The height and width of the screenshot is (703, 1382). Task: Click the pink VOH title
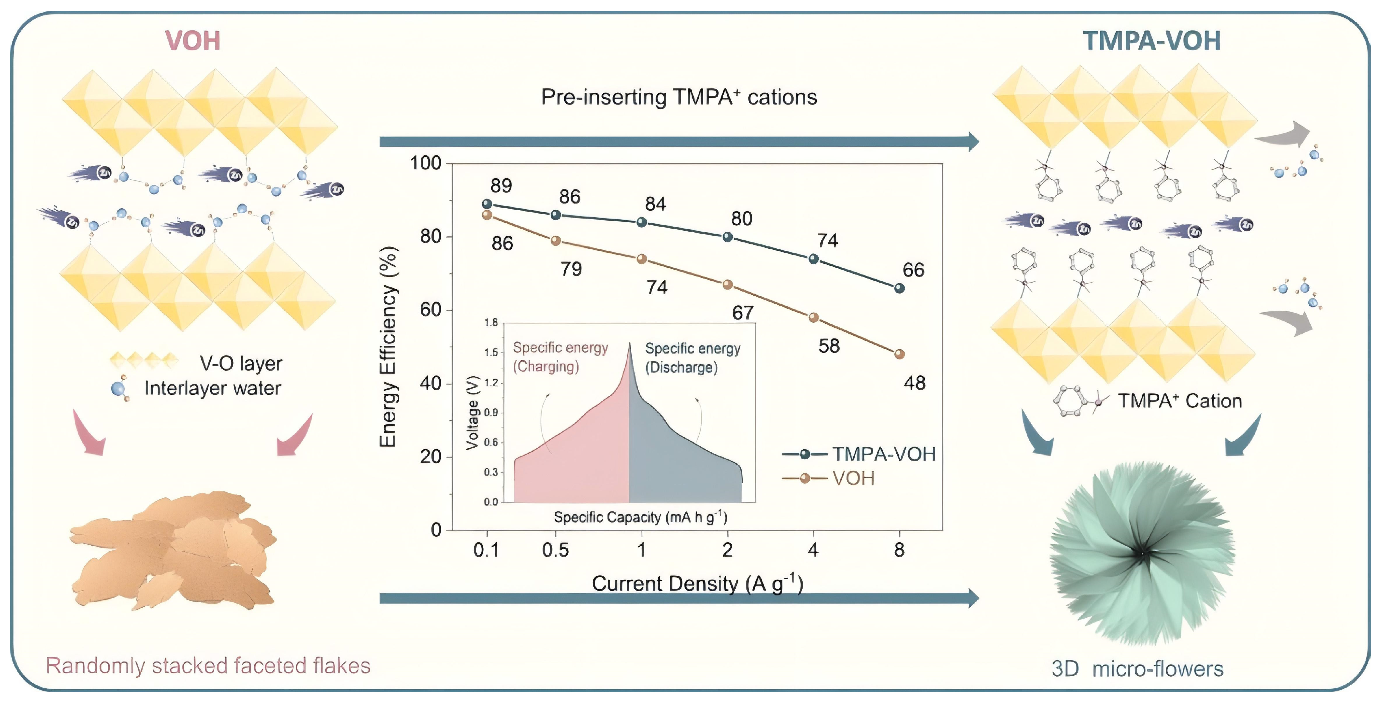(192, 41)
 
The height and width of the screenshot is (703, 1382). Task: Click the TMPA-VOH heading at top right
(1151, 41)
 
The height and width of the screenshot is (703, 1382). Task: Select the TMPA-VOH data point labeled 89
(487, 204)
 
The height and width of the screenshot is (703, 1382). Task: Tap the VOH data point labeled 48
(900, 354)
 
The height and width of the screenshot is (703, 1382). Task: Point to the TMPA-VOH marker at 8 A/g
(900, 288)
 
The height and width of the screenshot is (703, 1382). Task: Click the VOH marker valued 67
(727, 285)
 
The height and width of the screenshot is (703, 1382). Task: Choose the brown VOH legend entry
(828, 478)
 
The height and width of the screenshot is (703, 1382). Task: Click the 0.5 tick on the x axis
(555, 550)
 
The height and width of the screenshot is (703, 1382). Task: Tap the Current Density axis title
(698, 583)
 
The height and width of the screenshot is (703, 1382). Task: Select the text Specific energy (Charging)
(560, 357)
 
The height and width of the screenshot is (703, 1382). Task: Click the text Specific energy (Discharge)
(693, 358)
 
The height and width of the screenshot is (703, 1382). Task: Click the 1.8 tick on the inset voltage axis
(491, 322)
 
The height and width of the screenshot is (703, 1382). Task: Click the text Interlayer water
(213, 388)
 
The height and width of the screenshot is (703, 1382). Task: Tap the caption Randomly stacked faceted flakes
(208, 666)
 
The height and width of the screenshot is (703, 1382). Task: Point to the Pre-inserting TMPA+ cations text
(679, 97)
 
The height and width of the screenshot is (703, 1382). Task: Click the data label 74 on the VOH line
(657, 288)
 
